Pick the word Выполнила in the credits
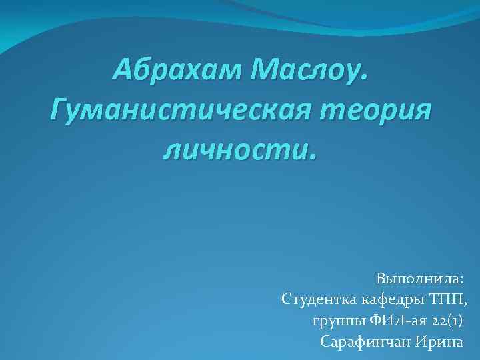(417, 277)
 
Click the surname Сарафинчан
(365, 343)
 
